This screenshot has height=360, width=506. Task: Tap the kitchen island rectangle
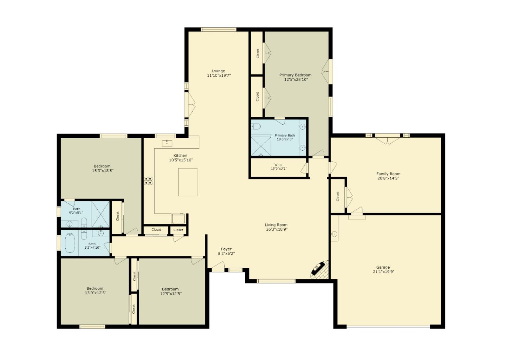tap(188, 182)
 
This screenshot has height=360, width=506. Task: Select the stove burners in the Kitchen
tap(149, 181)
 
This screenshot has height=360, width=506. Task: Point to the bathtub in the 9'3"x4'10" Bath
tap(70, 243)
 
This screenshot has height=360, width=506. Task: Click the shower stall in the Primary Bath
tap(261, 146)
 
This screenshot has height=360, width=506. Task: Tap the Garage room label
tap(383, 267)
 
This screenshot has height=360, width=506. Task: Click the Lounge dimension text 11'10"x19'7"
tap(219, 76)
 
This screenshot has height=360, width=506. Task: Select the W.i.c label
tap(278, 165)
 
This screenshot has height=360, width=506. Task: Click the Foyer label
tap(226, 249)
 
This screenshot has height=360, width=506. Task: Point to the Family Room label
tap(388, 174)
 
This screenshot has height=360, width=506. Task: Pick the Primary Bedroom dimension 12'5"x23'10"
tap(296, 79)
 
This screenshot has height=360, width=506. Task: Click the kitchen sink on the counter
tap(167, 143)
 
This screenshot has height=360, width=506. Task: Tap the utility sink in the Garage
tap(335, 234)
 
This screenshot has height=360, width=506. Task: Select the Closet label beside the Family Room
tap(338, 196)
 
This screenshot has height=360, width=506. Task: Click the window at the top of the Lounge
tap(219, 30)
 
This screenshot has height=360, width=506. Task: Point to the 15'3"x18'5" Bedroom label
tap(102, 166)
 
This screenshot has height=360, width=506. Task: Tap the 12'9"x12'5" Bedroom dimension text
tap(171, 294)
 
